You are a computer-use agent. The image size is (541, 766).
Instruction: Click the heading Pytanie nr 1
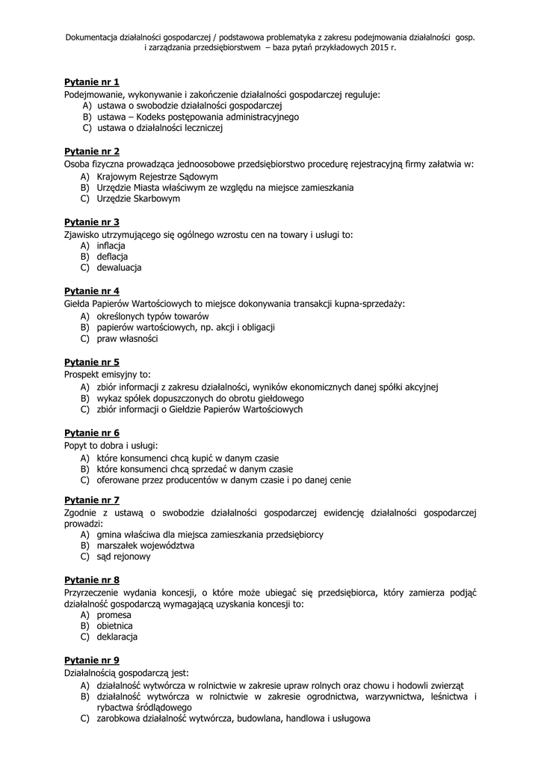pyautogui.click(x=92, y=82)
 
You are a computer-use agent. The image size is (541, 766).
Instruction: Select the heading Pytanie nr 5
pyautogui.click(x=92, y=362)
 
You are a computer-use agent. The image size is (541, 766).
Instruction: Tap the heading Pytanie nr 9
pyautogui.click(x=92, y=661)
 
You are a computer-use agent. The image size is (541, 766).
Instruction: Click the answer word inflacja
pyautogui.click(x=111, y=245)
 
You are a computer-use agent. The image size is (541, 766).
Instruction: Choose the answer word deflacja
pyautogui.click(x=113, y=257)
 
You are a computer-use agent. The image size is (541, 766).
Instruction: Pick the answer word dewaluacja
pyautogui.click(x=120, y=267)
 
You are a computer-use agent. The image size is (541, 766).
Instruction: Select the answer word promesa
pyautogui.click(x=114, y=614)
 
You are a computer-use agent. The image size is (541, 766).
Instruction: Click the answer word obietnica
pyautogui.click(x=115, y=625)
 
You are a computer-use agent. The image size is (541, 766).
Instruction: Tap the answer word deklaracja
pyautogui.click(x=117, y=637)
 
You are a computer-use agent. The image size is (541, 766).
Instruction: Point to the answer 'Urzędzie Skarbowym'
pyautogui.click(x=138, y=198)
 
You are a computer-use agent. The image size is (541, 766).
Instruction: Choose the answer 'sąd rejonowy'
pyautogui.click(x=124, y=557)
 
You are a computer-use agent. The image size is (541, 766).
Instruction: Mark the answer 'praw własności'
pyautogui.click(x=128, y=338)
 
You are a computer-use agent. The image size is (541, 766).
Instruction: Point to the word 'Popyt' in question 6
pyautogui.click(x=76, y=445)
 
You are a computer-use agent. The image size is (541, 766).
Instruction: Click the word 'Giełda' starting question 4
pyautogui.click(x=78, y=304)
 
